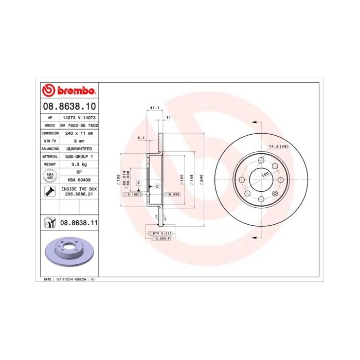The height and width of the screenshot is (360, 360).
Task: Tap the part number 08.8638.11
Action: (79, 223)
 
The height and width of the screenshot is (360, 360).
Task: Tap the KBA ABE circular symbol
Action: (50, 176)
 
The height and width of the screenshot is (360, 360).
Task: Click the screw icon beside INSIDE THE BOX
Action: (50, 192)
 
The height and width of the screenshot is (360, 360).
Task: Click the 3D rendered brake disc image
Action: (70, 254)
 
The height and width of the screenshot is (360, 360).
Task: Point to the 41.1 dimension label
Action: (153, 108)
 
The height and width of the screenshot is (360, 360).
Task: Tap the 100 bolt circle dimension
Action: (265, 175)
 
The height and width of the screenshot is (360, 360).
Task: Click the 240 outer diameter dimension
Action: (202, 178)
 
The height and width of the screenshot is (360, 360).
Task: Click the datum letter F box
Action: (138, 183)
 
